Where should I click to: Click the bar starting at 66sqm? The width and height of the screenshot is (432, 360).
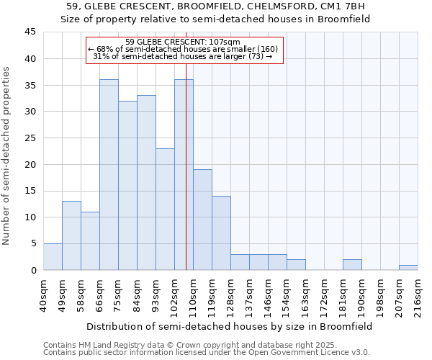[109, 174]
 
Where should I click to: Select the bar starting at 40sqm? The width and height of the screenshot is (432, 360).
[53, 256]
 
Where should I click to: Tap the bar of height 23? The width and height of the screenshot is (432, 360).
[165, 209]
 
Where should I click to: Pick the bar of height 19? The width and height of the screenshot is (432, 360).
[202, 220]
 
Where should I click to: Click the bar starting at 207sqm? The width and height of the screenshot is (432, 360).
[408, 267]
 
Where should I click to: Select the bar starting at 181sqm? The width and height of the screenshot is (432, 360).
[352, 264]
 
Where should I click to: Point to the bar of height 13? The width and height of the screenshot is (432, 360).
[71, 235]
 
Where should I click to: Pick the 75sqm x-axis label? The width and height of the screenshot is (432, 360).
[118, 292]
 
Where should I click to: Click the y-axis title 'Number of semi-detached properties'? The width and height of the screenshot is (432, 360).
[7, 156]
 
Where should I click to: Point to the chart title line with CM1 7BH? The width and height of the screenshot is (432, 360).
[215, 6]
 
